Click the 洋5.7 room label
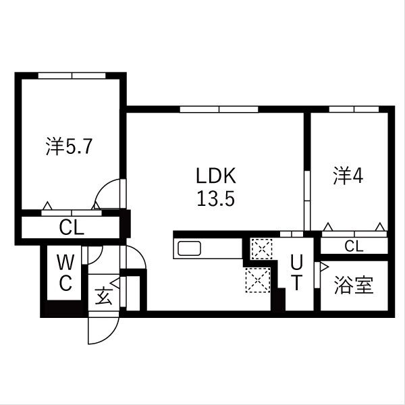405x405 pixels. pos(70,146)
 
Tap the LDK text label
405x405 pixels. pos(216,175)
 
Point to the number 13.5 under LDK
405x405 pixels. pos(216,198)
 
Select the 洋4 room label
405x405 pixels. pos(348,176)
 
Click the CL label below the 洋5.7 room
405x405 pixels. pos(72,227)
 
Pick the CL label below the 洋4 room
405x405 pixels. pos(354,246)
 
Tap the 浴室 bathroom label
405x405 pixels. pos(354,285)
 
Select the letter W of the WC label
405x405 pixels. pos(65,262)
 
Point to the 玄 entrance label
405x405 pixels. pos(104,296)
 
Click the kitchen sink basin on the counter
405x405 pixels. pos(190,248)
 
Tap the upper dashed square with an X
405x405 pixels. pos(262,248)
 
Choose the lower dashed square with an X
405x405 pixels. pos(258,280)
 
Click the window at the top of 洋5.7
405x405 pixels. pos(72,76)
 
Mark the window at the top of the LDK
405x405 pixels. pos(219,109)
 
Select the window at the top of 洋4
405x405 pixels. pos(354,109)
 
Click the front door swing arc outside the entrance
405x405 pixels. pos(111,335)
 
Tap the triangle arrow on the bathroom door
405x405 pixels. pos(324,267)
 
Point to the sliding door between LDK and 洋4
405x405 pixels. pos(307,200)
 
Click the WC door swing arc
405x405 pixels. pos(98,259)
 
